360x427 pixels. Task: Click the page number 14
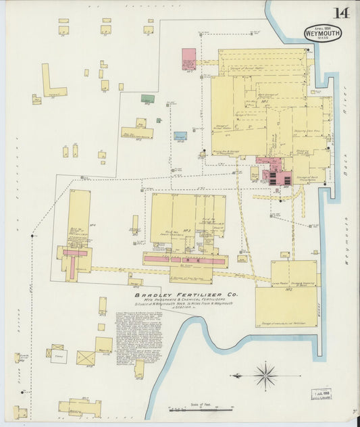point(340,14)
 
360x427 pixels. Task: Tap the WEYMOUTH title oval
point(323,33)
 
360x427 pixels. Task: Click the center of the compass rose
point(265,374)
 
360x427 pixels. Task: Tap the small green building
point(147,99)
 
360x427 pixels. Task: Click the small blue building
point(180,136)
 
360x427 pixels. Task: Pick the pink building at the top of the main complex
point(188,59)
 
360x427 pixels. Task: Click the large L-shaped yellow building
point(51,82)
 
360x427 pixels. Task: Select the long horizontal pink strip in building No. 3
point(184,259)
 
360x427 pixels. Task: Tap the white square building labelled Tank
point(59,355)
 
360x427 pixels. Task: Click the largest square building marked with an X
point(86,357)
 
